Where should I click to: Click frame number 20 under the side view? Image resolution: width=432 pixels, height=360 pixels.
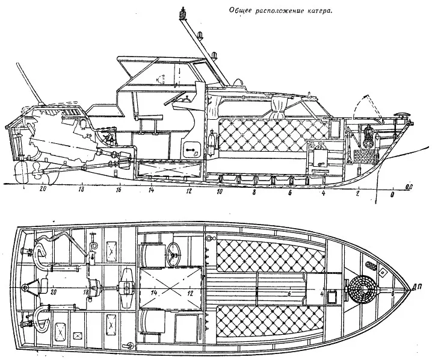click(42, 188)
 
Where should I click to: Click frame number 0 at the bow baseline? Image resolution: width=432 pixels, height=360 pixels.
click(393, 196)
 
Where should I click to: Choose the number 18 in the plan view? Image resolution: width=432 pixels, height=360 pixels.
click(87, 293)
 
